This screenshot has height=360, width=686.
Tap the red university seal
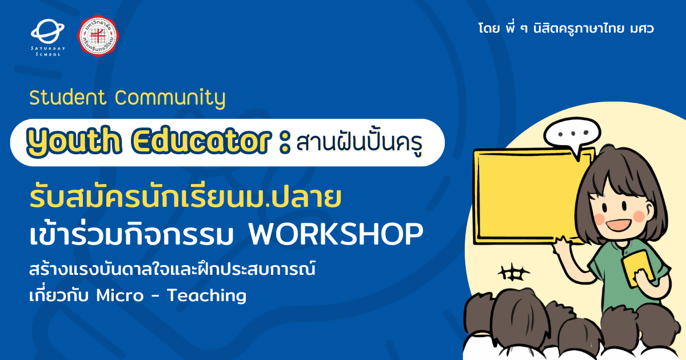(x=98, y=36)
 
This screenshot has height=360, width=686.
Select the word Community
(x=170, y=98)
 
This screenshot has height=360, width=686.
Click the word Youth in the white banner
(x=74, y=141)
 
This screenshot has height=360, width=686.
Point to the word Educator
(x=201, y=141)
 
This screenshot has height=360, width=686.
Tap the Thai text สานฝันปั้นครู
(x=360, y=142)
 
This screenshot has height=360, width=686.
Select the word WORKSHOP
(x=336, y=234)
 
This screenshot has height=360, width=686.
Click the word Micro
(x=119, y=295)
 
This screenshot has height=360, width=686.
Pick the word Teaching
(x=207, y=296)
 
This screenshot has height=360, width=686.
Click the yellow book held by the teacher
(x=638, y=269)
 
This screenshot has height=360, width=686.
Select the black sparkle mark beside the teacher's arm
(x=513, y=272)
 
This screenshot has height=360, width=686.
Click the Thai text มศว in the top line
(x=641, y=29)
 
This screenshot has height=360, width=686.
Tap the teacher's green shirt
(x=628, y=275)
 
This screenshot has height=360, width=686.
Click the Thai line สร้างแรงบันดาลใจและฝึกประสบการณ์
(x=173, y=269)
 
